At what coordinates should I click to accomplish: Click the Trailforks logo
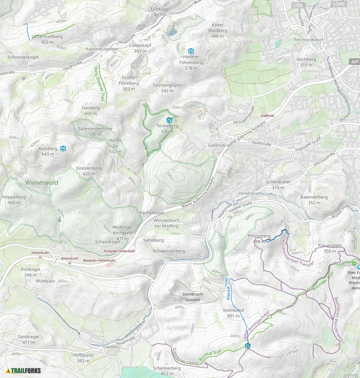24,370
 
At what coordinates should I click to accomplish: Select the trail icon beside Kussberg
63,149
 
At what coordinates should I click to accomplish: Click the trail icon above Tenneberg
169,120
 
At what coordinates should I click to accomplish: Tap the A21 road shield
354,62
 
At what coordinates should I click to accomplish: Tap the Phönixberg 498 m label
259,238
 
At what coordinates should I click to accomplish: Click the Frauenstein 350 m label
330,248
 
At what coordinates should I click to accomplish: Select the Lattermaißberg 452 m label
47,39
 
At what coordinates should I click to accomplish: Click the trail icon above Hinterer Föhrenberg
191,51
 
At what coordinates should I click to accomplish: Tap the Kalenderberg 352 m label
314,200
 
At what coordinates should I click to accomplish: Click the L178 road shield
299,5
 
